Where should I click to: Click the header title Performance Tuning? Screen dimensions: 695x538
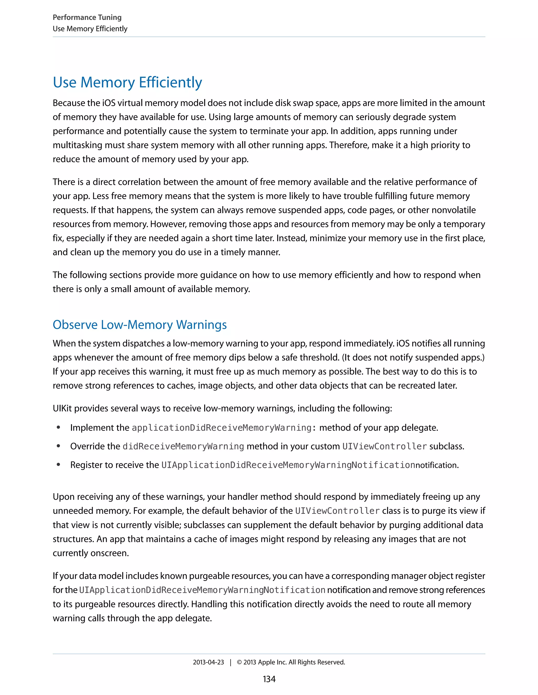[x=87, y=17]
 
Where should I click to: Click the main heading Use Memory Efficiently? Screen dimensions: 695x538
[x=127, y=82]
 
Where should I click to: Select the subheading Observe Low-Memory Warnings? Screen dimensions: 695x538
[x=139, y=325]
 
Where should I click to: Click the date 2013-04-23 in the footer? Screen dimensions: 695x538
[x=208, y=662]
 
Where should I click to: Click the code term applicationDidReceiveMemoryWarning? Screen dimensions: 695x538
[x=224, y=428]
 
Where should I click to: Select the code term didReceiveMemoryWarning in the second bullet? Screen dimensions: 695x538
[x=183, y=446]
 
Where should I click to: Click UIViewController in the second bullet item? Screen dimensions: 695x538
[x=384, y=446]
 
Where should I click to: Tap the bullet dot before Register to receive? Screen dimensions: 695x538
[x=58, y=465]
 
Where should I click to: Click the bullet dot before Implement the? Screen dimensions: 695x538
[x=58, y=427]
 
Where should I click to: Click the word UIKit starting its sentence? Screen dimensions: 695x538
[x=62, y=408]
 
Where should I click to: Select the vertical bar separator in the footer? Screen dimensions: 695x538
[x=230, y=662]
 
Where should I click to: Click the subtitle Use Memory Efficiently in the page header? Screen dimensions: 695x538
[x=90, y=29]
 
